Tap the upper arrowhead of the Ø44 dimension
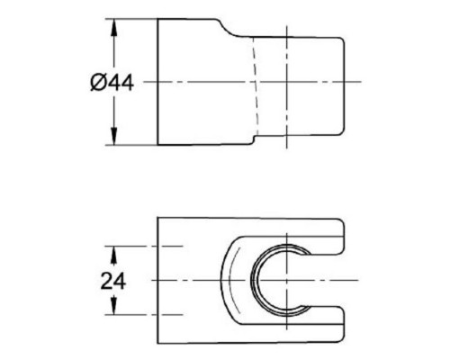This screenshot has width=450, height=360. click(115, 25)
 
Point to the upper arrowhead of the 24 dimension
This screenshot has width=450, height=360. click(115, 252)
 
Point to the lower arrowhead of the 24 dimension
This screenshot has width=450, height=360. click(115, 308)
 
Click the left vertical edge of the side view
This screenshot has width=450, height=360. click(158, 81)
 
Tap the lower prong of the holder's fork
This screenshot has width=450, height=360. click(315, 326)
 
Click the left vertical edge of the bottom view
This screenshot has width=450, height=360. click(158, 280)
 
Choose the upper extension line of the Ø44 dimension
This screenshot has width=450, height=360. click(135, 18)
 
